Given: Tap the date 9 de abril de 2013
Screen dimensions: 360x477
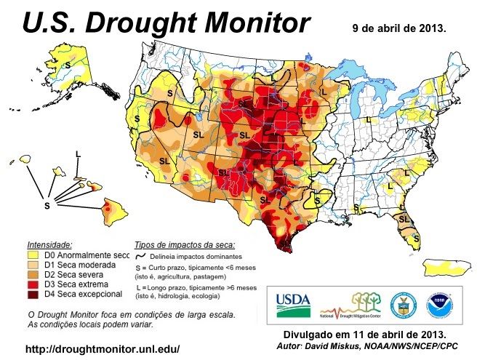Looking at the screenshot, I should pos(398,29).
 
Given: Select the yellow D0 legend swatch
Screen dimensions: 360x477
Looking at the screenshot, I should pos(33,256).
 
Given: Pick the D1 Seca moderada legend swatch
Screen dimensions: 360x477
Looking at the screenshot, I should pos(33,266).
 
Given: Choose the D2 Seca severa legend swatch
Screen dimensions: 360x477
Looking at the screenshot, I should pos(33,276).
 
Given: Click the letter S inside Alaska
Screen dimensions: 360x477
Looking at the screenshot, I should pos(68,65).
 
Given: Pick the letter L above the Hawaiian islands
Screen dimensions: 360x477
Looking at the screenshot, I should pos(78,153).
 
